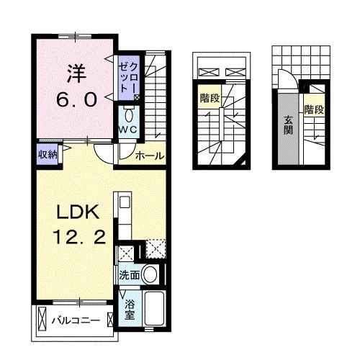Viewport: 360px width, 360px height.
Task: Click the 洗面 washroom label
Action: pos(129,274)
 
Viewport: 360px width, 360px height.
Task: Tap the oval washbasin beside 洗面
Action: pos(150,274)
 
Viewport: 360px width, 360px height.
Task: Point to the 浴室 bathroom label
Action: pos(130,310)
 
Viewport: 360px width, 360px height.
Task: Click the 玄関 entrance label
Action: pos(287,126)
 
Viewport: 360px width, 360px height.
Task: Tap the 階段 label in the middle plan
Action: pos(210,94)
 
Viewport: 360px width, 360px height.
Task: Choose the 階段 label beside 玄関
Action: pos(313,109)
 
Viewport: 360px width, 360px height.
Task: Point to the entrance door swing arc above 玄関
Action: pos(287,80)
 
